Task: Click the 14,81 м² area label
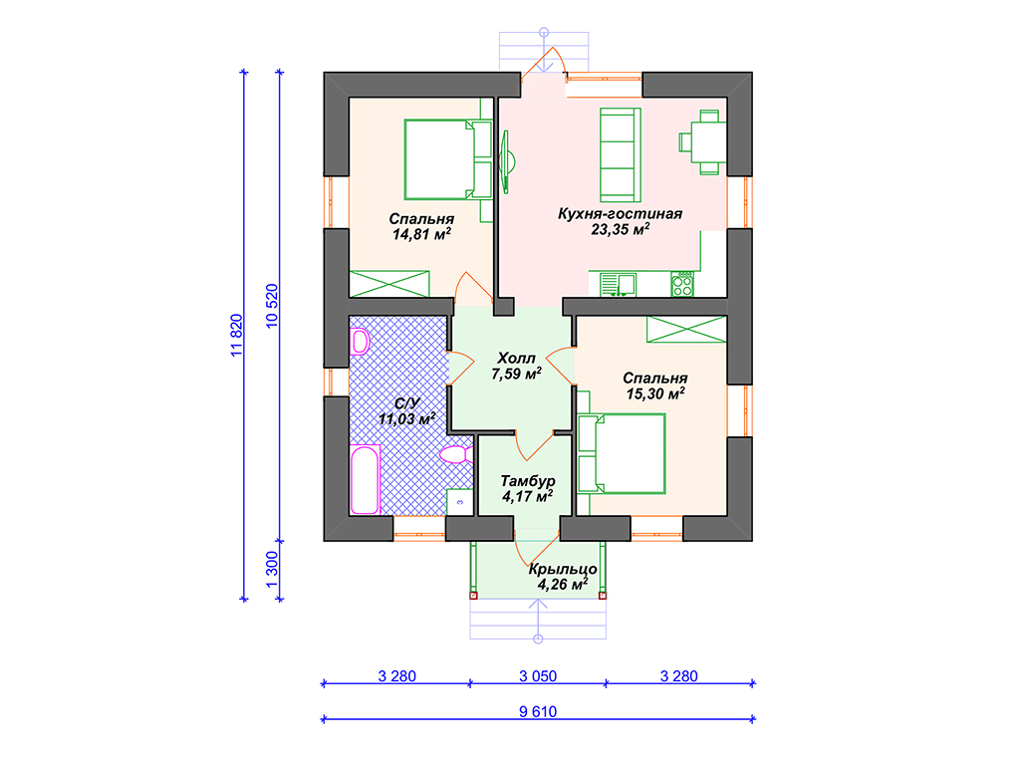click(x=421, y=234)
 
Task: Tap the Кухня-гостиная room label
click(x=620, y=214)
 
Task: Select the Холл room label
click(x=516, y=359)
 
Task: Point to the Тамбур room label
click(x=528, y=481)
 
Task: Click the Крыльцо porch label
click(x=563, y=570)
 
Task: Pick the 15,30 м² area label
click(x=655, y=393)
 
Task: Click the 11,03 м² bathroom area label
click(x=407, y=419)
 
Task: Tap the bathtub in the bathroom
click(x=365, y=480)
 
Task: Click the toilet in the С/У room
click(x=456, y=454)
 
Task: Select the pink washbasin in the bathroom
click(x=360, y=342)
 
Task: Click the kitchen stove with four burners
click(x=682, y=284)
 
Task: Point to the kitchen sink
click(x=618, y=284)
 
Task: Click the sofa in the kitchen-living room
click(x=620, y=154)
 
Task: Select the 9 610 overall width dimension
click(x=538, y=711)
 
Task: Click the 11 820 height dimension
click(x=236, y=335)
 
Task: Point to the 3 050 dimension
click(x=538, y=676)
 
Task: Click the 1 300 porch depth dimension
click(x=272, y=569)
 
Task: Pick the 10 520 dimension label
click(x=272, y=306)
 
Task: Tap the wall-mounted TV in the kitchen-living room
click(x=506, y=161)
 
